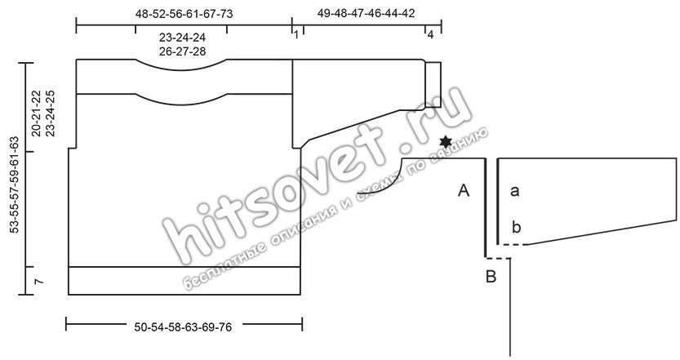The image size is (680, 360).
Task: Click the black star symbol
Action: (x=446, y=142)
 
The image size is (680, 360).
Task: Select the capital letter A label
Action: (x=464, y=190)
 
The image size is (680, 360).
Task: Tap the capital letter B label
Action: (x=491, y=276)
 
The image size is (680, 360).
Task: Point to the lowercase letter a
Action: (x=515, y=190)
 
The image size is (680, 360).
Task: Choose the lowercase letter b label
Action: (x=516, y=227)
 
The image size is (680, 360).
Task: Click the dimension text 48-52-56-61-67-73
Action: (x=184, y=14)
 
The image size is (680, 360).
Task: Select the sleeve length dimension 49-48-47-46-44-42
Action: (x=366, y=13)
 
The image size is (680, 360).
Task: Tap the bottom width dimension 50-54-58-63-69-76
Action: (x=183, y=327)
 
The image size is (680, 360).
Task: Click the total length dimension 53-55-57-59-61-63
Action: (x=15, y=185)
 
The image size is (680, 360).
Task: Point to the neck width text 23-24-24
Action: (x=182, y=38)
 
